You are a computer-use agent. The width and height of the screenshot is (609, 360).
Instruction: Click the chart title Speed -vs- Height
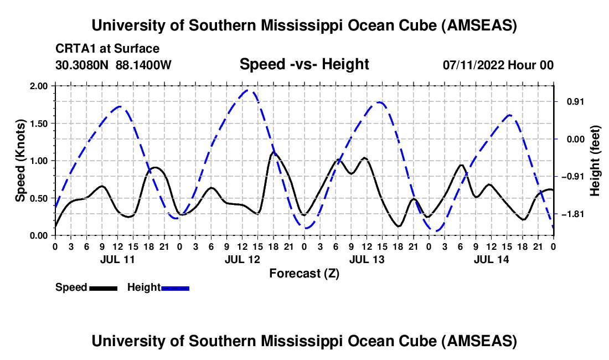pos(304,65)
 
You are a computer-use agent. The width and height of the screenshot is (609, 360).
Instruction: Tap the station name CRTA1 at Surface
pos(107,49)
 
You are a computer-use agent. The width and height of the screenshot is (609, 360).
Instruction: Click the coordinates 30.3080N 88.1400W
pos(113,65)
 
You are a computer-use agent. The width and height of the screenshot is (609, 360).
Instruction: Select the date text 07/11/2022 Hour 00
pos(498,65)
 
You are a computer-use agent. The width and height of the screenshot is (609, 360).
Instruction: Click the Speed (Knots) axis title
pos(20,160)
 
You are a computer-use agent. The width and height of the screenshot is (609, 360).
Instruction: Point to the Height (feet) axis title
pos(595,160)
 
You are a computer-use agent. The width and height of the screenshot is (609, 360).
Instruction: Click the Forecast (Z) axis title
pos(304,273)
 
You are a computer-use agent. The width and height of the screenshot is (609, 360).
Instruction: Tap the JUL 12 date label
pos(242,259)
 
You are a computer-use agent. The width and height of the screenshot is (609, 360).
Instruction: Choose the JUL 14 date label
pos(491,259)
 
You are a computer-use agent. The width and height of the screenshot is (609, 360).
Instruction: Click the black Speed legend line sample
pos(103,288)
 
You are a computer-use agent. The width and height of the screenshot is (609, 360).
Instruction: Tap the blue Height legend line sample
pos(176,288)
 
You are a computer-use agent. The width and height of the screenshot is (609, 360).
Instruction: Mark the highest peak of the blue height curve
pos(249,90)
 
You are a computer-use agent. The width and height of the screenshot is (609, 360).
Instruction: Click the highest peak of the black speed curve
pos(273,152)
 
